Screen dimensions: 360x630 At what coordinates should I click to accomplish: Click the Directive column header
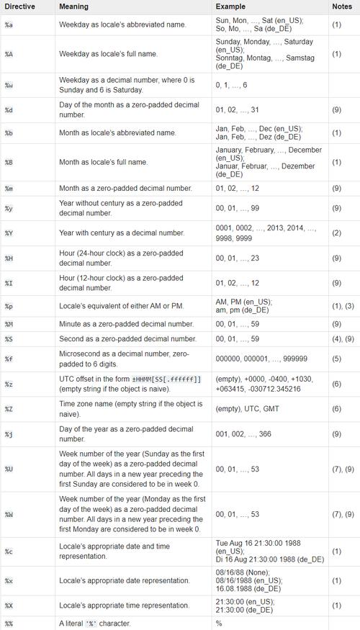click(19, 6)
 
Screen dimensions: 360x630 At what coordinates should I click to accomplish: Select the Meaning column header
click(74, 6)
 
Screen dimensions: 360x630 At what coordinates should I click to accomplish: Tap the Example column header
click(230, 6)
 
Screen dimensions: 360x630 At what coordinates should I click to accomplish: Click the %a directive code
click(8, 24)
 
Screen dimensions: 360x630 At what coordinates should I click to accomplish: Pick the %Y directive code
click(8, 233)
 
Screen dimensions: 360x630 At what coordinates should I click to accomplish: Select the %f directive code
click(8, 359)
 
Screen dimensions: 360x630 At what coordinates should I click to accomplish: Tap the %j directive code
click(8, 434)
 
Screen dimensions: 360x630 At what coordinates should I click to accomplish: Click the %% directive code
click(9, 624)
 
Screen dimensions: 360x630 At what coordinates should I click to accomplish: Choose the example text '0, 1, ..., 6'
click(231, 85)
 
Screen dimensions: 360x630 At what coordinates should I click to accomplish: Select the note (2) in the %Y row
click(336, 233)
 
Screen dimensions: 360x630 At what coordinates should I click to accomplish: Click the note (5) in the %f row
click(336, 359)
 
